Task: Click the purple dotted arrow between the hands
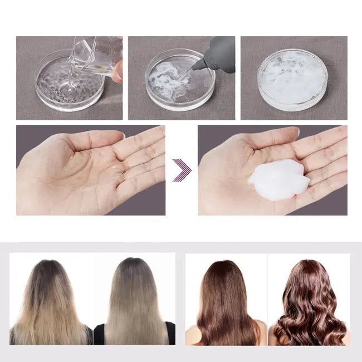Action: [x=182, y=170]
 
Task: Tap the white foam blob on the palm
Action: [x=278, y=179]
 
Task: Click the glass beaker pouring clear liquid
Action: [x=95, y=56]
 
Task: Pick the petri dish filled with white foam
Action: [x=292, y=79]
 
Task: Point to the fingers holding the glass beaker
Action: [x=116, y=71]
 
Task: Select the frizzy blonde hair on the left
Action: [x=50, y=304]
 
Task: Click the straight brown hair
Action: [x=226, y=304]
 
